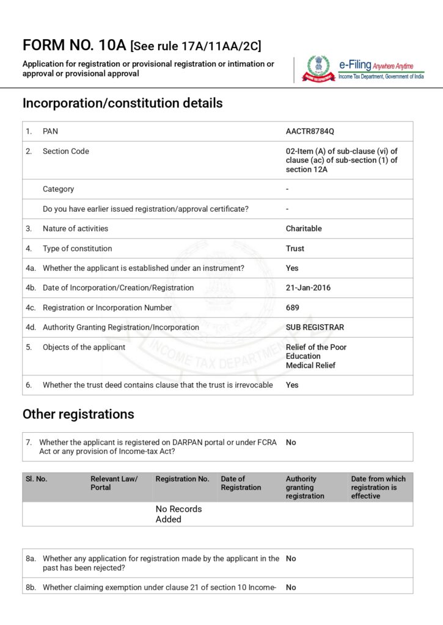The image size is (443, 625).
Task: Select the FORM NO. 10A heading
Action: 75,45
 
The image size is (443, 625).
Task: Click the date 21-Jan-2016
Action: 308,288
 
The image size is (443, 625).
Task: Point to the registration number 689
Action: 293,308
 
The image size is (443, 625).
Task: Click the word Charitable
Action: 304,229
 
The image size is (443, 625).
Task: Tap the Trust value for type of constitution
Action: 295,248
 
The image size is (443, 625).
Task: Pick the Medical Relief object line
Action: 310,365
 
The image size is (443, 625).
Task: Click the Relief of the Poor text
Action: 316,347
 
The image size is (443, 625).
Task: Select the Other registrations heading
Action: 78,414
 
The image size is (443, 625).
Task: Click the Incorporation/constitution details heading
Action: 122,103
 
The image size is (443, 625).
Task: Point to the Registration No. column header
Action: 182,479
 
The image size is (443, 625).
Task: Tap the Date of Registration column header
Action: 241,483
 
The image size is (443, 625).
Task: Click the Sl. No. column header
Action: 37,479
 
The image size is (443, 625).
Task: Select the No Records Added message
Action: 178,514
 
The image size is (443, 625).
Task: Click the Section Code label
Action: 66,151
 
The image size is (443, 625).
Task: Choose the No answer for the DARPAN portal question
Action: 291,443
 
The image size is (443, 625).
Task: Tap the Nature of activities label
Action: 75,229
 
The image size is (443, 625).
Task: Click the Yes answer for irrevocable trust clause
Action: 292,385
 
